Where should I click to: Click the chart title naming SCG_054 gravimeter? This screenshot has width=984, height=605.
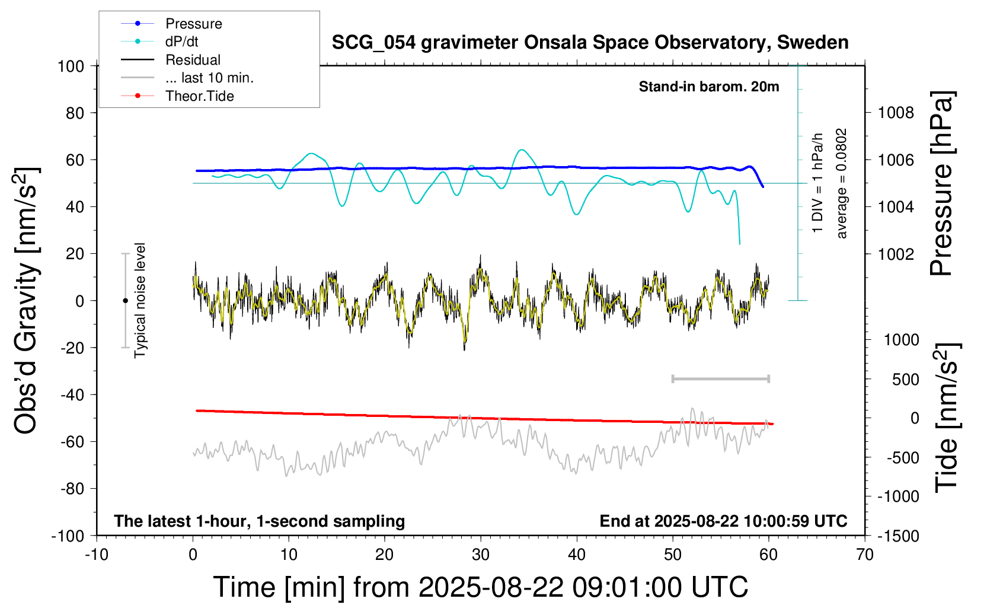[590, 43]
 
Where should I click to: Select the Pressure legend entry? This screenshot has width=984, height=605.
[193, 24]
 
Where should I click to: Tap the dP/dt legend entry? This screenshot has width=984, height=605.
[181, 42]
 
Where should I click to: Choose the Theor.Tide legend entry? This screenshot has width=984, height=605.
[199, 96]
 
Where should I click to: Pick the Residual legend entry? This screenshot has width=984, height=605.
[193, 60]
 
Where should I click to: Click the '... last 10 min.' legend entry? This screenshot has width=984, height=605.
[209, 78]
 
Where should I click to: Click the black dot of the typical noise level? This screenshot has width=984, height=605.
[125, 301]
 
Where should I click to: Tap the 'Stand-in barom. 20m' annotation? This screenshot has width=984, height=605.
[709, 87]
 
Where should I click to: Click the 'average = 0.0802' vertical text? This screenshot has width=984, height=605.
[842, 184]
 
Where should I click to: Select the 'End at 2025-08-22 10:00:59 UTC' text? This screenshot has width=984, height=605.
[723, 521]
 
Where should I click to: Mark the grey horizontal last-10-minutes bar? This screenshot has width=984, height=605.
[720, 378]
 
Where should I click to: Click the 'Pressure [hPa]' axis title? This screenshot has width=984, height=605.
[941, 184]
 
